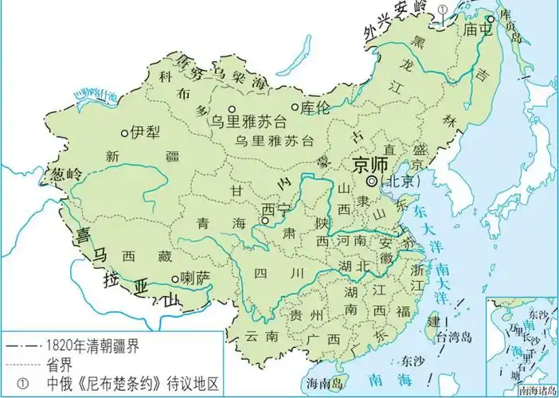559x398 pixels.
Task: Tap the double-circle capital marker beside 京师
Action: click(371, 181)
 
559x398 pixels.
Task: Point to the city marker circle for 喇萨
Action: click(175, 279)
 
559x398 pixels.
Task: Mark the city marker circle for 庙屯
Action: click(491, 18)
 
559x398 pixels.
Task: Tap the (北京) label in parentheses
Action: click(398, 182)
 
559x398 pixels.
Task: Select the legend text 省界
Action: click(58, 364)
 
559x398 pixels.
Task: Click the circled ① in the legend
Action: click(21, 383)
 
